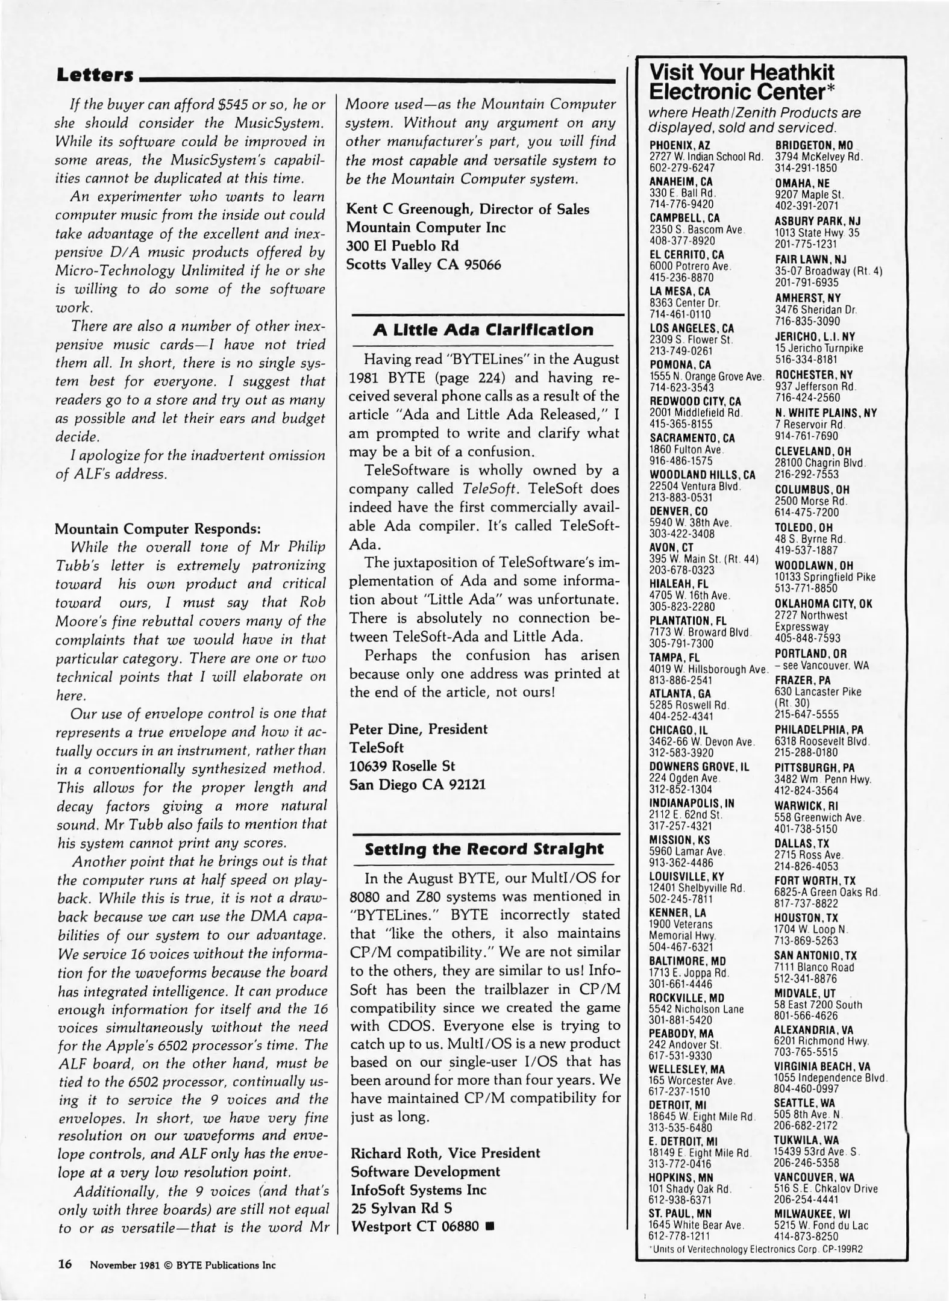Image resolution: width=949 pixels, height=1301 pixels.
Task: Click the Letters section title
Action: pos(95,75)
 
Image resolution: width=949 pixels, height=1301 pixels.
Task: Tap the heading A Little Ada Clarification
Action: pos(483,330)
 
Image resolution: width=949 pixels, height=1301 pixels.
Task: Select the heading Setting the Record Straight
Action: pos(484,849)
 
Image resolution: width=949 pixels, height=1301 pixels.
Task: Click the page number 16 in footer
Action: pos(65,1264)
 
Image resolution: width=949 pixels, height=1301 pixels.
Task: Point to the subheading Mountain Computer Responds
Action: pos(158,528)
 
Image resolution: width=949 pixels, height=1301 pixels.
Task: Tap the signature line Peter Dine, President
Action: pos(418,729)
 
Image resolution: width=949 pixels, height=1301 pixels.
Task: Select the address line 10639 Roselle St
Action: pos(402,766)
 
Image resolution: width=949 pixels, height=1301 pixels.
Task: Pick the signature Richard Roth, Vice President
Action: pos(445,1153)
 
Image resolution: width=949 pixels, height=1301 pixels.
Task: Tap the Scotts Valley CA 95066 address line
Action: pos(423,264)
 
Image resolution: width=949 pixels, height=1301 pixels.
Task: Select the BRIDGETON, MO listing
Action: pos(813,145)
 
